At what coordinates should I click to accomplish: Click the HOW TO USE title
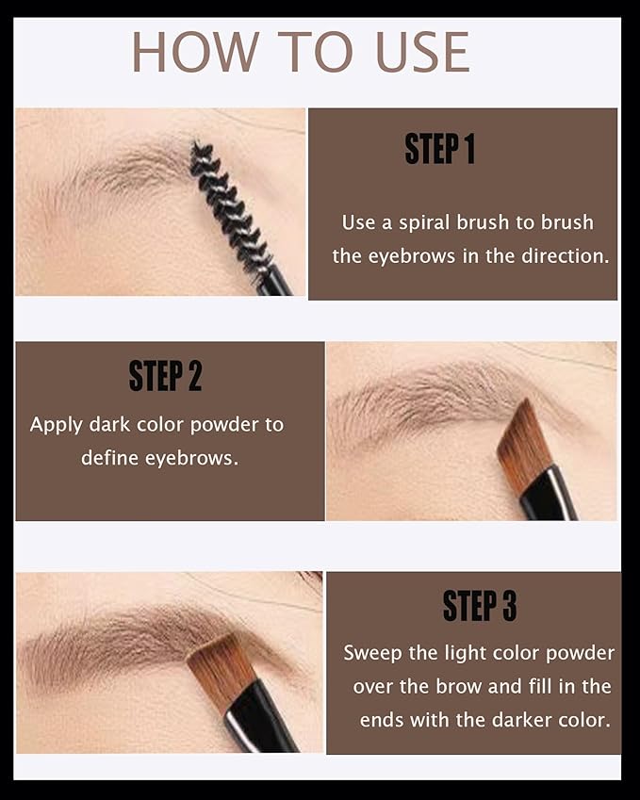click(300, 52)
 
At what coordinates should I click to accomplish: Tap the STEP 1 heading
click(439, 149)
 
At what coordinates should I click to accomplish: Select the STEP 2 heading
click(165, 375)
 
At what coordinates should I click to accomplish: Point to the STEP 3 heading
click(479, 607)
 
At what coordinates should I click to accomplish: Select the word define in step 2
click(109, 458)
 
